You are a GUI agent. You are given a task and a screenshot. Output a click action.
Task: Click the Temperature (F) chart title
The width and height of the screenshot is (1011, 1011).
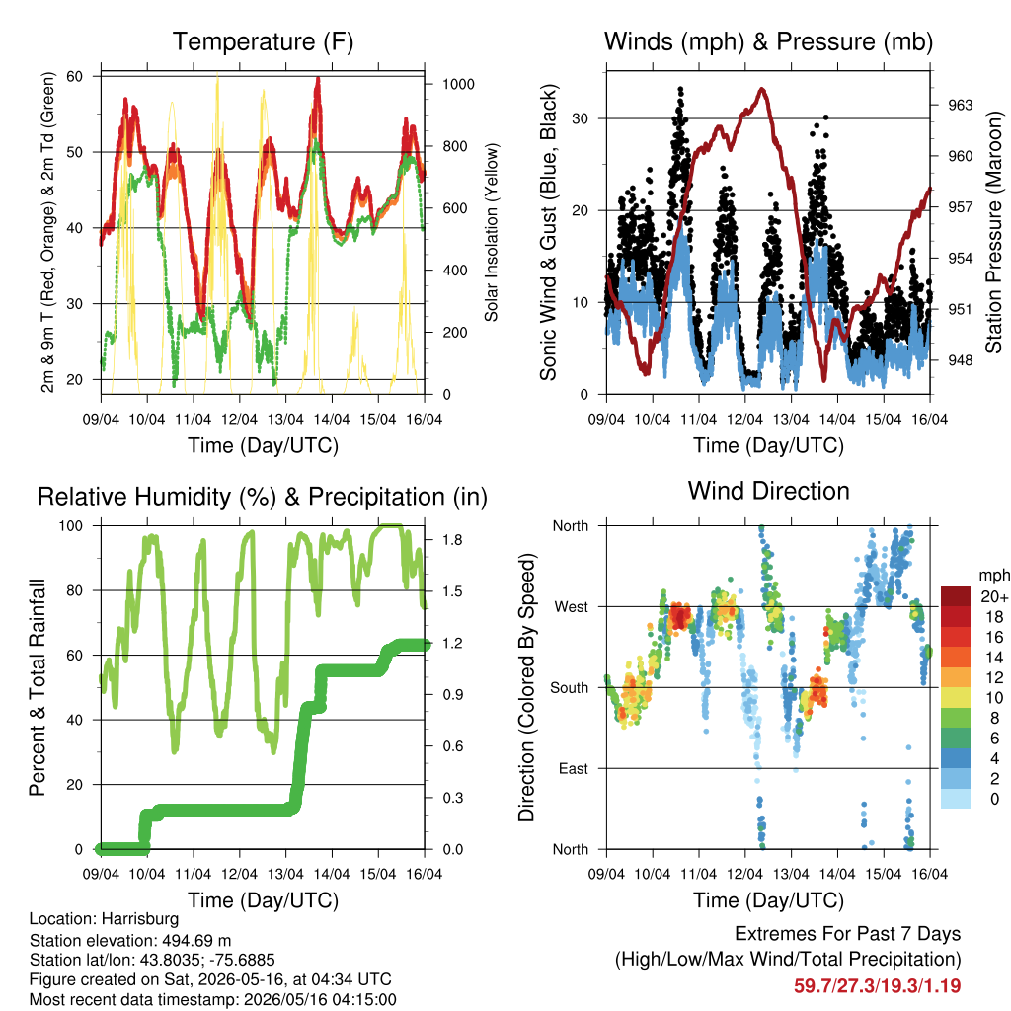(x=263, y=41)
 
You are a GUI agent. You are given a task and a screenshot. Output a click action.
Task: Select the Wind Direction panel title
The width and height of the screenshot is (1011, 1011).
(x=768, y=492)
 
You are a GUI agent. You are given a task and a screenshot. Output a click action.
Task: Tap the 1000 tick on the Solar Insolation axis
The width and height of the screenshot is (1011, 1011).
(x=458, y=85)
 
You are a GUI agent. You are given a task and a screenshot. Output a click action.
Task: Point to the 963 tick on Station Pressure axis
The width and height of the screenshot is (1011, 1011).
(x=960, y=105)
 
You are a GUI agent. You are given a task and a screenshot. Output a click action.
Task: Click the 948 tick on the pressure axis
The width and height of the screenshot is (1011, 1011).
(x=960, y=360)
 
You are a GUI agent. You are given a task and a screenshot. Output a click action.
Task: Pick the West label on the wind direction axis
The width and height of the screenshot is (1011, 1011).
(x=572, y=607)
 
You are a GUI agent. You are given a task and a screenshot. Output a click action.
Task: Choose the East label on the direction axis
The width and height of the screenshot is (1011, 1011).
(x=574, y=768)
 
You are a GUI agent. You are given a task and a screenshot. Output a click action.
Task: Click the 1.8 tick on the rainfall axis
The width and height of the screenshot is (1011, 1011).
(x=452, y=540)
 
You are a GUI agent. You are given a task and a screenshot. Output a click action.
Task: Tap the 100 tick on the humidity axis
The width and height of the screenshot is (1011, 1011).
(x=71, y=526)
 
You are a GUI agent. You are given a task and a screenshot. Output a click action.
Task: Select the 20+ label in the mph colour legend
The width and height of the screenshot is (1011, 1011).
(x=994, y=597)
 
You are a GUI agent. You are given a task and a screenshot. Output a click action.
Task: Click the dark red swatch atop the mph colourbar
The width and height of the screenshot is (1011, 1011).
(x=956, y=596)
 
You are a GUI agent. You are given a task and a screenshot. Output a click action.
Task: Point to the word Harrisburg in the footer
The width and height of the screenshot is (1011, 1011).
(x=140, y=919)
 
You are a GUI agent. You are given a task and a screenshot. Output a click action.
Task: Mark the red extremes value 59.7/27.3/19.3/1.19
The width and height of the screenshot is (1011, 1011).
(x=877, y=986)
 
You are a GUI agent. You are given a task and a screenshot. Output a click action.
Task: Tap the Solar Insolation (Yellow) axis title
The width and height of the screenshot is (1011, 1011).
(x=492, y=232)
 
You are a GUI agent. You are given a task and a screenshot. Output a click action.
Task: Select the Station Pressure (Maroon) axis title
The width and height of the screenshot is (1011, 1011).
(x=993, y=232)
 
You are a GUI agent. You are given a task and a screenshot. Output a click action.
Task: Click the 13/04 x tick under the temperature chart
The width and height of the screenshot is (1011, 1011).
(x=285, y=419)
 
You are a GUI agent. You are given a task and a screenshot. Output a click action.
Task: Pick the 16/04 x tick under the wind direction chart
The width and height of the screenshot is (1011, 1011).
(x=930, y=874)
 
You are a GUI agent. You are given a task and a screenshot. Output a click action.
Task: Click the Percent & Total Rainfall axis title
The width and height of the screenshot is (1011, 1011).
(x=38, y=687)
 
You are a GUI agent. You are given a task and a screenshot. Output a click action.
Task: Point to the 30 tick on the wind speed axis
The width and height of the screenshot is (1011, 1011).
(x=581, y=118)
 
